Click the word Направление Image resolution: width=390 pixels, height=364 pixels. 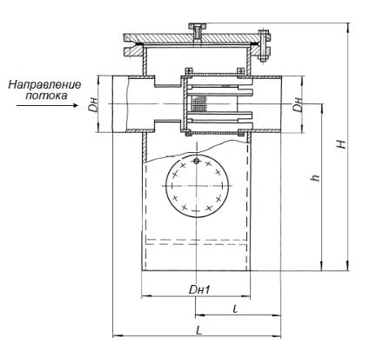[x=44, y=85]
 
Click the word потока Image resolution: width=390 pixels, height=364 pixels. [x=46, y=96]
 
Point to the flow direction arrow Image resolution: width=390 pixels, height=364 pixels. [x=48, y=105]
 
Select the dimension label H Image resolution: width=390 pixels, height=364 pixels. [x=343, y=144]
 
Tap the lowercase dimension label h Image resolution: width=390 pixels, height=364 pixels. [x=315, y=177]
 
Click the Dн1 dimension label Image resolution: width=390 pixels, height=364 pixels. [x=199, y=289]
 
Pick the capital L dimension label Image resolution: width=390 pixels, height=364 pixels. [x=198, y=330]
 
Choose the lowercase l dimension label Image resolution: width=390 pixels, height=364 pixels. [x=235, y=308]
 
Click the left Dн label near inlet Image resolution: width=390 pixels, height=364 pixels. [x=93, y=105]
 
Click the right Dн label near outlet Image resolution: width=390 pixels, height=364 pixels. [x=298, y=104]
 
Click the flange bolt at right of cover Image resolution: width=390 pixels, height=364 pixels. [x=263, y=46]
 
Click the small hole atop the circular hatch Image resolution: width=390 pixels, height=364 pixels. [x=197, y=161]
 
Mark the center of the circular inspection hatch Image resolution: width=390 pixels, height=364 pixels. [x=197, y=186]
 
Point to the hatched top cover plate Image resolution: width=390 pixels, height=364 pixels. [x=198, y=38]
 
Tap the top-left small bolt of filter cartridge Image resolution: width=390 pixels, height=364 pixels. [x=188, y=70]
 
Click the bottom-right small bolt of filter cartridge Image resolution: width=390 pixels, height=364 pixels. [x=240, y=134]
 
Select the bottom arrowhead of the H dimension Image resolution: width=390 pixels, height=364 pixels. [x=348, y=266]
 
